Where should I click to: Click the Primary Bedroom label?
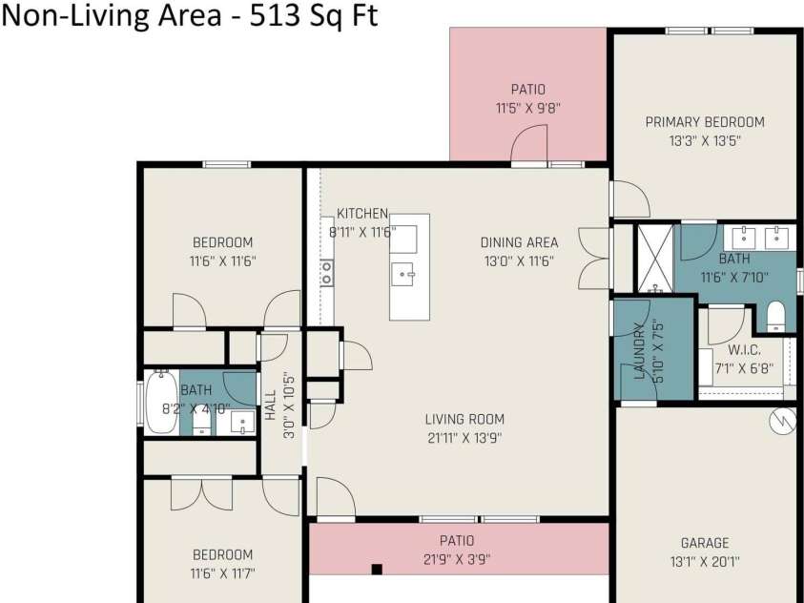705,122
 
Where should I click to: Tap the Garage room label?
705,543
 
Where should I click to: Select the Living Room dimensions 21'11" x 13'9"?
464,438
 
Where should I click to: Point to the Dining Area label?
520,242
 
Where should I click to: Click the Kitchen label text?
362,214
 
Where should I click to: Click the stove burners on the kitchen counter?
326,273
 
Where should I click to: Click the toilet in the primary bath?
775,317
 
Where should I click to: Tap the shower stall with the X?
655,258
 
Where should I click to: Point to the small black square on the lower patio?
377,570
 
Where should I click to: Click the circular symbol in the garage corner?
782,422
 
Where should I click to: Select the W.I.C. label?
745,351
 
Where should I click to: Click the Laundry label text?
639,351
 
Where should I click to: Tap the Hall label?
270,405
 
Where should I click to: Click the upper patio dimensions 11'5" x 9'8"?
528,108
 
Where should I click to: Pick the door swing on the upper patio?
529,144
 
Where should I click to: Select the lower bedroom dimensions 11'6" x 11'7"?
222,572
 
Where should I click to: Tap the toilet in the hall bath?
201,423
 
